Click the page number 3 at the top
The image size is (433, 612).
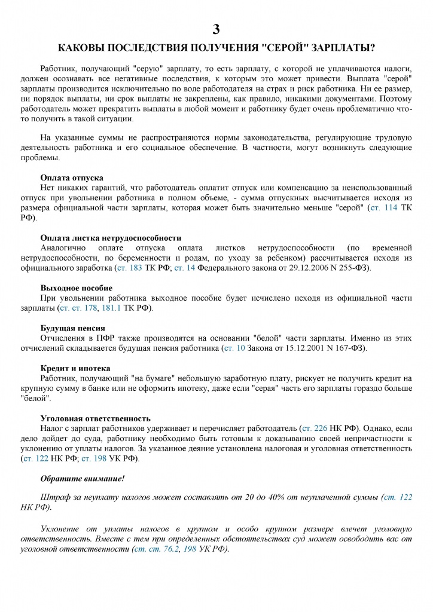click(x=216, y=29)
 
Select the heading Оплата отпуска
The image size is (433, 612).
click(x=71, y=178)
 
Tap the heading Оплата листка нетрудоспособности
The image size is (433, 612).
click(x=111, y=237)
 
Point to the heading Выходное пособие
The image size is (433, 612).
click(x=76, y=287)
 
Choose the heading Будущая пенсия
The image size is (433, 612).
click(x=72, y=328)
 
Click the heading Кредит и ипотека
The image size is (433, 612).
click(x=75, y=368)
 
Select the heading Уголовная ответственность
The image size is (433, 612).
click(x=95, y=418)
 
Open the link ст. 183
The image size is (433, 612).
click(x=129, y=268)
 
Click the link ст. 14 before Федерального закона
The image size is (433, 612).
click(x=184, y=268)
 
